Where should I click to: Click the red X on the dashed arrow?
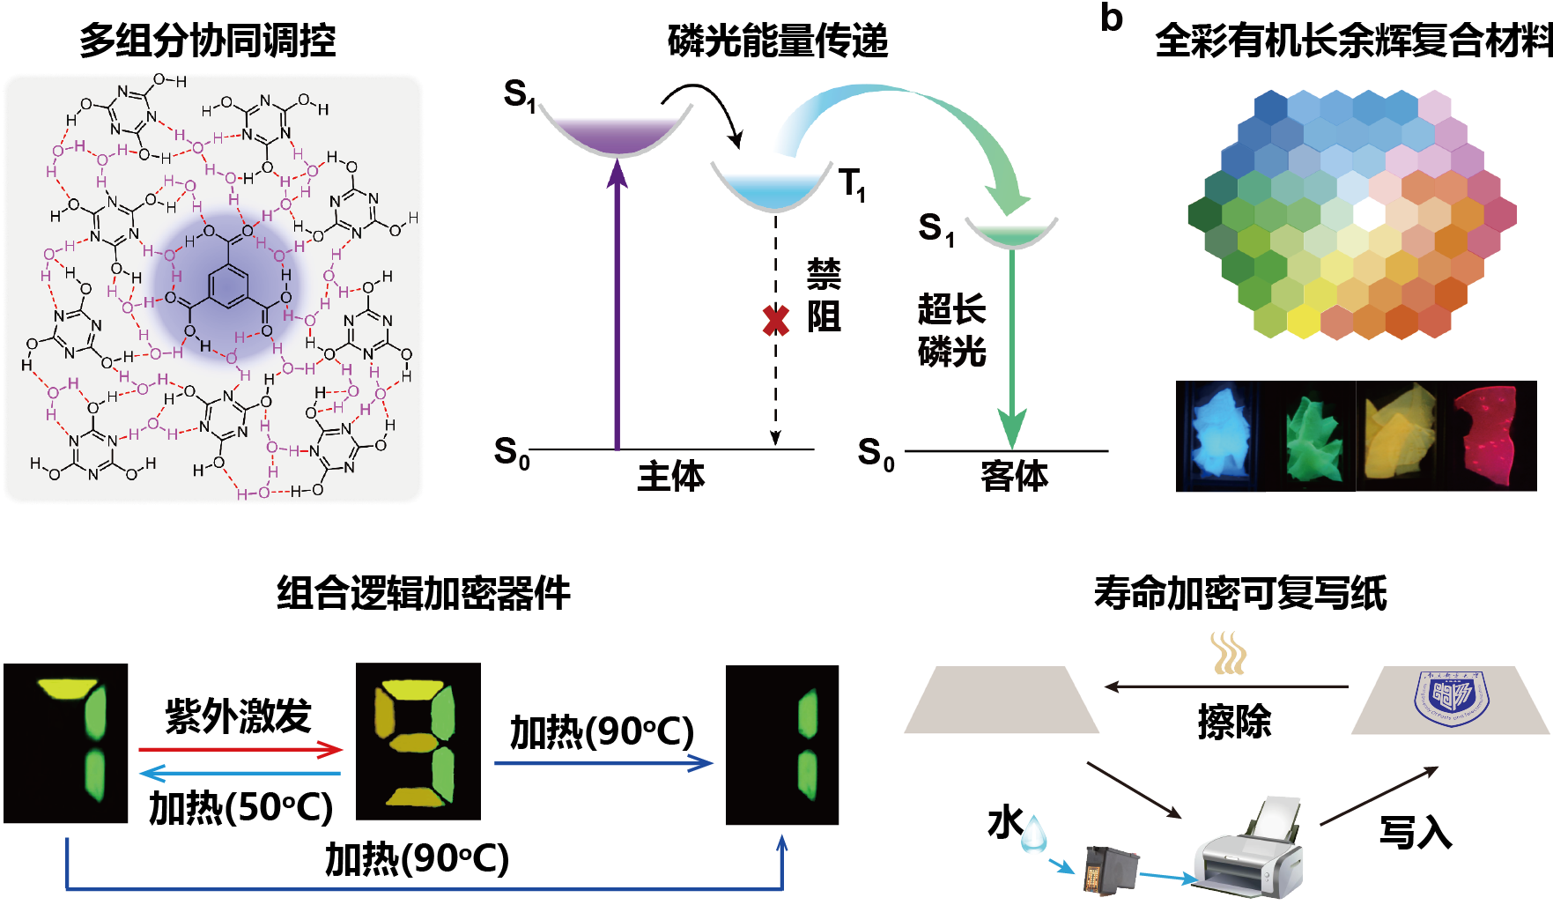[x=775, y=320]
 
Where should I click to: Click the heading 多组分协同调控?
[x=208, y=41]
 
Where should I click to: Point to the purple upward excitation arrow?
[x=618, y=308]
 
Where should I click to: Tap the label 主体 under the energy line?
[x=671, y=476]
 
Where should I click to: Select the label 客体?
[x=1014, y=476]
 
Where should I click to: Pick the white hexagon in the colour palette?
[x=1368, y=212]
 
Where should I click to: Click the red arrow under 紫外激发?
[x=240, y=750]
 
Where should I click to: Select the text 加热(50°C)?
[x=240, y=807]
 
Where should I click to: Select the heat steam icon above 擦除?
[x=1228, y=652]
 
